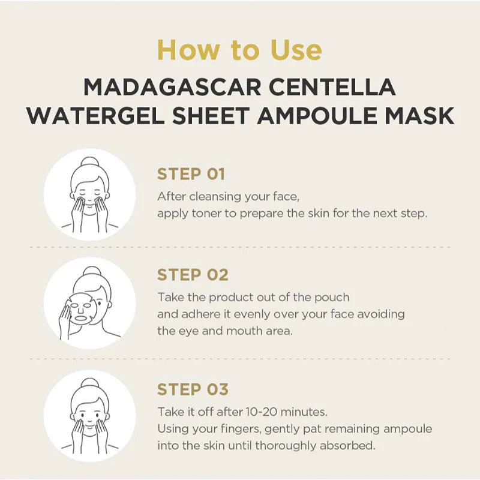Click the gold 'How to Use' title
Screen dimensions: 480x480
pos(239,50)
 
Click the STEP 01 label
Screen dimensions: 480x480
pos(191,174)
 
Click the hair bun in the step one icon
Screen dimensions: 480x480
pos(89,163)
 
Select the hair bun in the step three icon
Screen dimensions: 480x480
pos(89,384)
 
